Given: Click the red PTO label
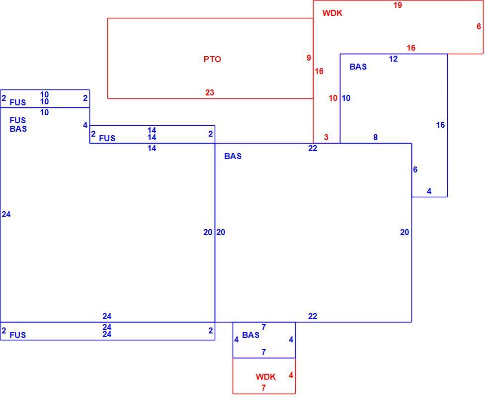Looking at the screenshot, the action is click(x=212, y=59).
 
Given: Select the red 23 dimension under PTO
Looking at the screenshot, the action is click(x=210, y=92).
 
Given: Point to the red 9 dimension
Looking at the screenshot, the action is click(x=309, y=58).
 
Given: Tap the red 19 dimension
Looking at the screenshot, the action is click(x=398, y=5).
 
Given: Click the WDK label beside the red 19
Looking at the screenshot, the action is click(x=332, y=13).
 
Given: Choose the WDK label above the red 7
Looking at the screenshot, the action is click(x=265, y=377).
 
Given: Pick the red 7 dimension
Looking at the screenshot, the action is click(x=263, y=388).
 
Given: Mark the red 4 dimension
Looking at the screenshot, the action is click(x=291, y=375).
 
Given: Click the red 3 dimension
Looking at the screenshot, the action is click(x=326, y=137).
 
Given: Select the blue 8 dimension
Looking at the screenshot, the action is click(x=376, y=137).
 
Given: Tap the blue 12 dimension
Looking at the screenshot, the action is click(x=393, y=59).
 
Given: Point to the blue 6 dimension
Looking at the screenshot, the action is click(x=415, y=169).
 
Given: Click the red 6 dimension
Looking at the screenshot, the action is click(x=479, y=26).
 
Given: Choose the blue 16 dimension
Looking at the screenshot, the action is click(x=440, y=125).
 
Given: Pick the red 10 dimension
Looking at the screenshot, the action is click(x=333, y=98).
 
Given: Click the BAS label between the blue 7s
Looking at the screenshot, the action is click(x=250, y=335).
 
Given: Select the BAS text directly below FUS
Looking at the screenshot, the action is click(x=18, y=129).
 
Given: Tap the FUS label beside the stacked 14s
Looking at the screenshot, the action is click(x=107, y=138).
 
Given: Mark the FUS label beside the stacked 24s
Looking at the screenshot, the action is click(x=18, y=335).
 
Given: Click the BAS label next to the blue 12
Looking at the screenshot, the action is click(x=358, y=67).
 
